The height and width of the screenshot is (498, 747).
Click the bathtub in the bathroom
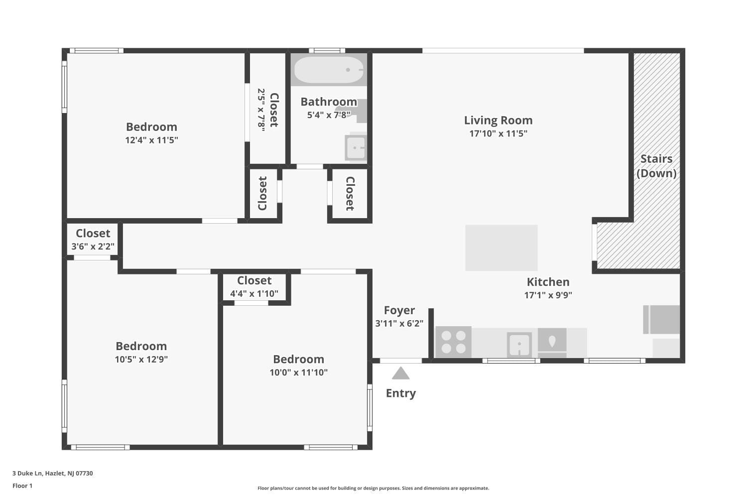(x=329, y=70)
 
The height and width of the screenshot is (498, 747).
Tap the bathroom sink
(x=356, y=148)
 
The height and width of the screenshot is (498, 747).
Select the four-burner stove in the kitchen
(x=453, y=342)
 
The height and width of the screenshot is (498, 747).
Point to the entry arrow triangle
(x=400, y=373)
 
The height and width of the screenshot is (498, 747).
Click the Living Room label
(x=498, y=121)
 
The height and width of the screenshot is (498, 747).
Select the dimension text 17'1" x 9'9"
(x=548, y=295)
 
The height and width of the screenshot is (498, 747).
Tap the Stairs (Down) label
(x=656, y=166)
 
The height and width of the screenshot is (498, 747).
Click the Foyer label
(x=399, y=310)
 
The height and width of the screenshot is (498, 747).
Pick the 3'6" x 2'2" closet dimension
(x=93, y=246)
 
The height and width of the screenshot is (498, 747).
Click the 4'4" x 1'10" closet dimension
(x=254, y=293)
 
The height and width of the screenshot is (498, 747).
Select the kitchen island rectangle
(x=501, y=248)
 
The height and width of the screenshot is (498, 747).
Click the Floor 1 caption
(x=22, y=486)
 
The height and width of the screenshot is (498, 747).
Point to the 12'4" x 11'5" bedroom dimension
(x=151, y=140)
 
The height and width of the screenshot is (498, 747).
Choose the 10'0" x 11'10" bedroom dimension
(x=298, y=372)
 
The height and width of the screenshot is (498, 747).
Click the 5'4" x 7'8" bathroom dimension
(x=329, y=115)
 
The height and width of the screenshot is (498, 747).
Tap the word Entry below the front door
(x=400, y=393)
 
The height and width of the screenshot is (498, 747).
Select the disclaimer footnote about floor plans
(x=373, y=488)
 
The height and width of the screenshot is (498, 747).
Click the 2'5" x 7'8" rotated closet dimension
(x=261, y=110)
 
